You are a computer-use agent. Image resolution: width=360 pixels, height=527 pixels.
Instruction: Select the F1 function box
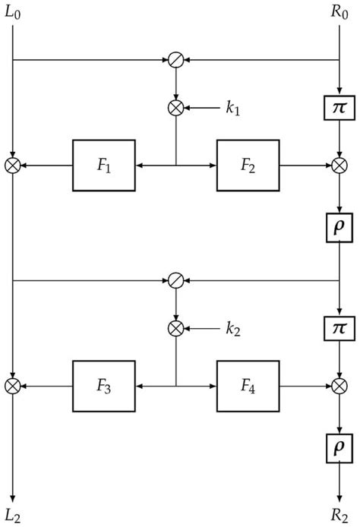pyautogui.click(x=103, y=165)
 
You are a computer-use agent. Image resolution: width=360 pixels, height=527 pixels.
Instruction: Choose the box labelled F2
pyautogui.click(x=248, y=165)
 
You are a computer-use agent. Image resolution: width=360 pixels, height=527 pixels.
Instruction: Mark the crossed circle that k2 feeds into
pyautogui.click(x=175, y=329)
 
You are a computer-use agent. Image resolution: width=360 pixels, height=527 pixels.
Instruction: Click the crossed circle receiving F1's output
pyautogui.click(x=13, y=165)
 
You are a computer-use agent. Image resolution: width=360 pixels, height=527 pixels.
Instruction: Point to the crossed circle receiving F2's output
pyautogui.click(x=337, y=165)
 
